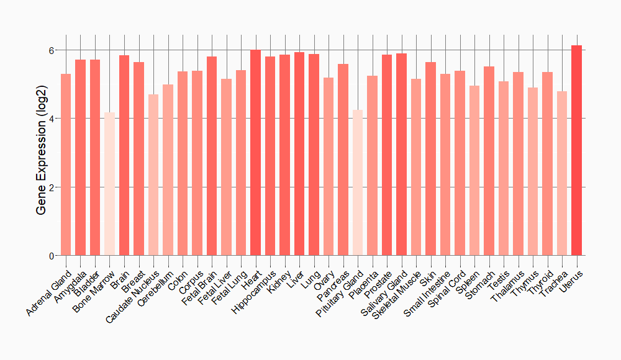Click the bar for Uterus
576,150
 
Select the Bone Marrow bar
109,184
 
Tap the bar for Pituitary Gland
358,182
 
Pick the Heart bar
255,153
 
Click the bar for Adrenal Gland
66,164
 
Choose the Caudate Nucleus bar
153,175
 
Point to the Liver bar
299,154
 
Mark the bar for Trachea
562,173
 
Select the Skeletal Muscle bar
416,167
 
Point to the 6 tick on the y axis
52,50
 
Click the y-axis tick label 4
52,119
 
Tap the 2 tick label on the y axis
52,187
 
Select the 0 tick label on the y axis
52,256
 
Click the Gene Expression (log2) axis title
42,153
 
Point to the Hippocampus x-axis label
252,290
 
